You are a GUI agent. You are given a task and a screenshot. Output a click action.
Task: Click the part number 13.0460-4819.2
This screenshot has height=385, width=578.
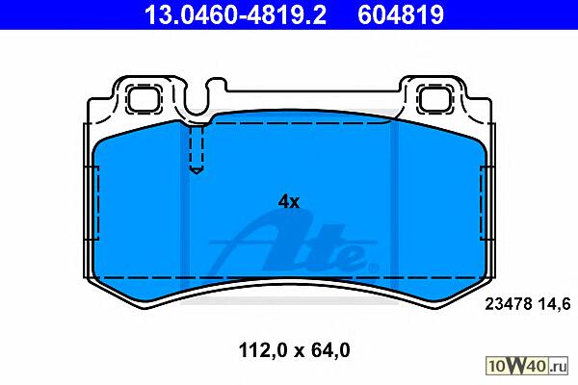(x=235, y=14)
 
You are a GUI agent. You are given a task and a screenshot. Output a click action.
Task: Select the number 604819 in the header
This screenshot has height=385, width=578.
(x=401, y=14)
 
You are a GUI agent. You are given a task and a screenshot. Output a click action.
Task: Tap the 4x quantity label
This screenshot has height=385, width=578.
(x=289, y=201)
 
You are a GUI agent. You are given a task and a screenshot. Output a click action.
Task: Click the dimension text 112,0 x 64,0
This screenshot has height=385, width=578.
(x=294, y=350)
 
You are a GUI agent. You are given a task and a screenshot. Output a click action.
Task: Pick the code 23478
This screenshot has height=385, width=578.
(x=509, y=304)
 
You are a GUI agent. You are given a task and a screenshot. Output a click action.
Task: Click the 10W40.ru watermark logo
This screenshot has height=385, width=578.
(x=527, y=366)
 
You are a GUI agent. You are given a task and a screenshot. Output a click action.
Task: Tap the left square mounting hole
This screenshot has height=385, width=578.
(x=144, y=98)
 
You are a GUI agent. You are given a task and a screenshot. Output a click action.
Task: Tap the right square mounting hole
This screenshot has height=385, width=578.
(x=436, y=98)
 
